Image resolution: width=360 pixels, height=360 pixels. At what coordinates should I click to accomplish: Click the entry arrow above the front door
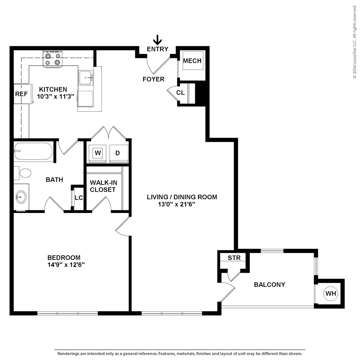157,40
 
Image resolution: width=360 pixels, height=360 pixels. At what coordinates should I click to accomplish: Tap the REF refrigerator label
21,94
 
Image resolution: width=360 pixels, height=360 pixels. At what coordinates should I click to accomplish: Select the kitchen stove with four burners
53,59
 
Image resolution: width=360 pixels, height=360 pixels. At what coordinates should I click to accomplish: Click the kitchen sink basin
86,78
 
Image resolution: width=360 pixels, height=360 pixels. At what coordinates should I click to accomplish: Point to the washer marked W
97,153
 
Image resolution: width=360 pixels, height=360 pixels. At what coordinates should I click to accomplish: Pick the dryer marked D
118,153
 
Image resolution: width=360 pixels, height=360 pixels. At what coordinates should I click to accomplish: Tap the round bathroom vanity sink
21,197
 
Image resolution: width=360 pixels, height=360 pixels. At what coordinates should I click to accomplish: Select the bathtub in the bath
33,151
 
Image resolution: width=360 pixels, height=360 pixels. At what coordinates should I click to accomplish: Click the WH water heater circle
331,294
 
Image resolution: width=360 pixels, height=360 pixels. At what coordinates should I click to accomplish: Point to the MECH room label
192,61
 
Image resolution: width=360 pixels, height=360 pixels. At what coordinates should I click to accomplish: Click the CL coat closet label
181,93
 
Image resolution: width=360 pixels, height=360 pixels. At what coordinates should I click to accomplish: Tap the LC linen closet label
79,198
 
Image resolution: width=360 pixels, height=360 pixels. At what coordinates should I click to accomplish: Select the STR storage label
234,258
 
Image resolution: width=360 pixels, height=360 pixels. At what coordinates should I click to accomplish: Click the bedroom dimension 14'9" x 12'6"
66,265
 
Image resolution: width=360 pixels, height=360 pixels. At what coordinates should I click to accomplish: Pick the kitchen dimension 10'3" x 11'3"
56,97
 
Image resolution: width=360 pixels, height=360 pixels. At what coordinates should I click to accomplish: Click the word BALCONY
269,285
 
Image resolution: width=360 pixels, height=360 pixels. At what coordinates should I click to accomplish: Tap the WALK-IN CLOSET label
103,186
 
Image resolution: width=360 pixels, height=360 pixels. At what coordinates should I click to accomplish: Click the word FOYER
153,79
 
